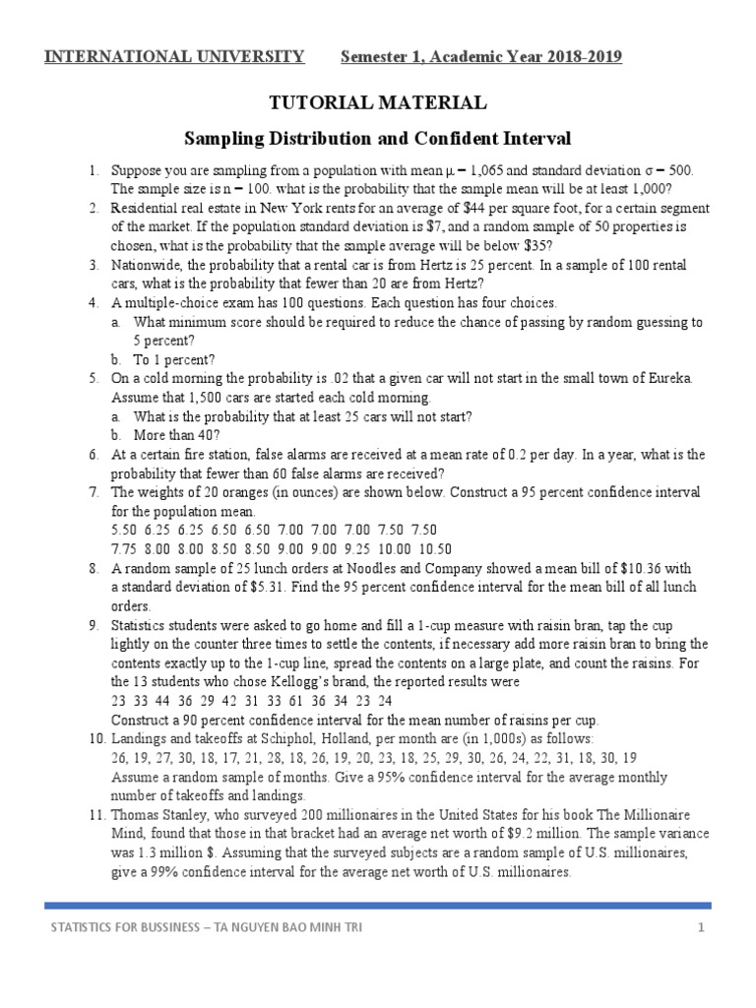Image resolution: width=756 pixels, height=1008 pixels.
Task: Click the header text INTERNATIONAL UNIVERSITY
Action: pyautogui.click(x=174, y=56)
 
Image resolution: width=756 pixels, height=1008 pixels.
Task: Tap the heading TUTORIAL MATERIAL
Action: pyautogui.click(x=378, y=102)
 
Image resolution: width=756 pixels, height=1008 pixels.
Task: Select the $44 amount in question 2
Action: pyautogui.click(x=466, y=209)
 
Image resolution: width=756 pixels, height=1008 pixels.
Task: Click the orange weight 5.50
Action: pyautogui.click(x=127, y=531)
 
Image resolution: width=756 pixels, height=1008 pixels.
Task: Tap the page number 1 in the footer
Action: pyautogui.click(x=701, y=928)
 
